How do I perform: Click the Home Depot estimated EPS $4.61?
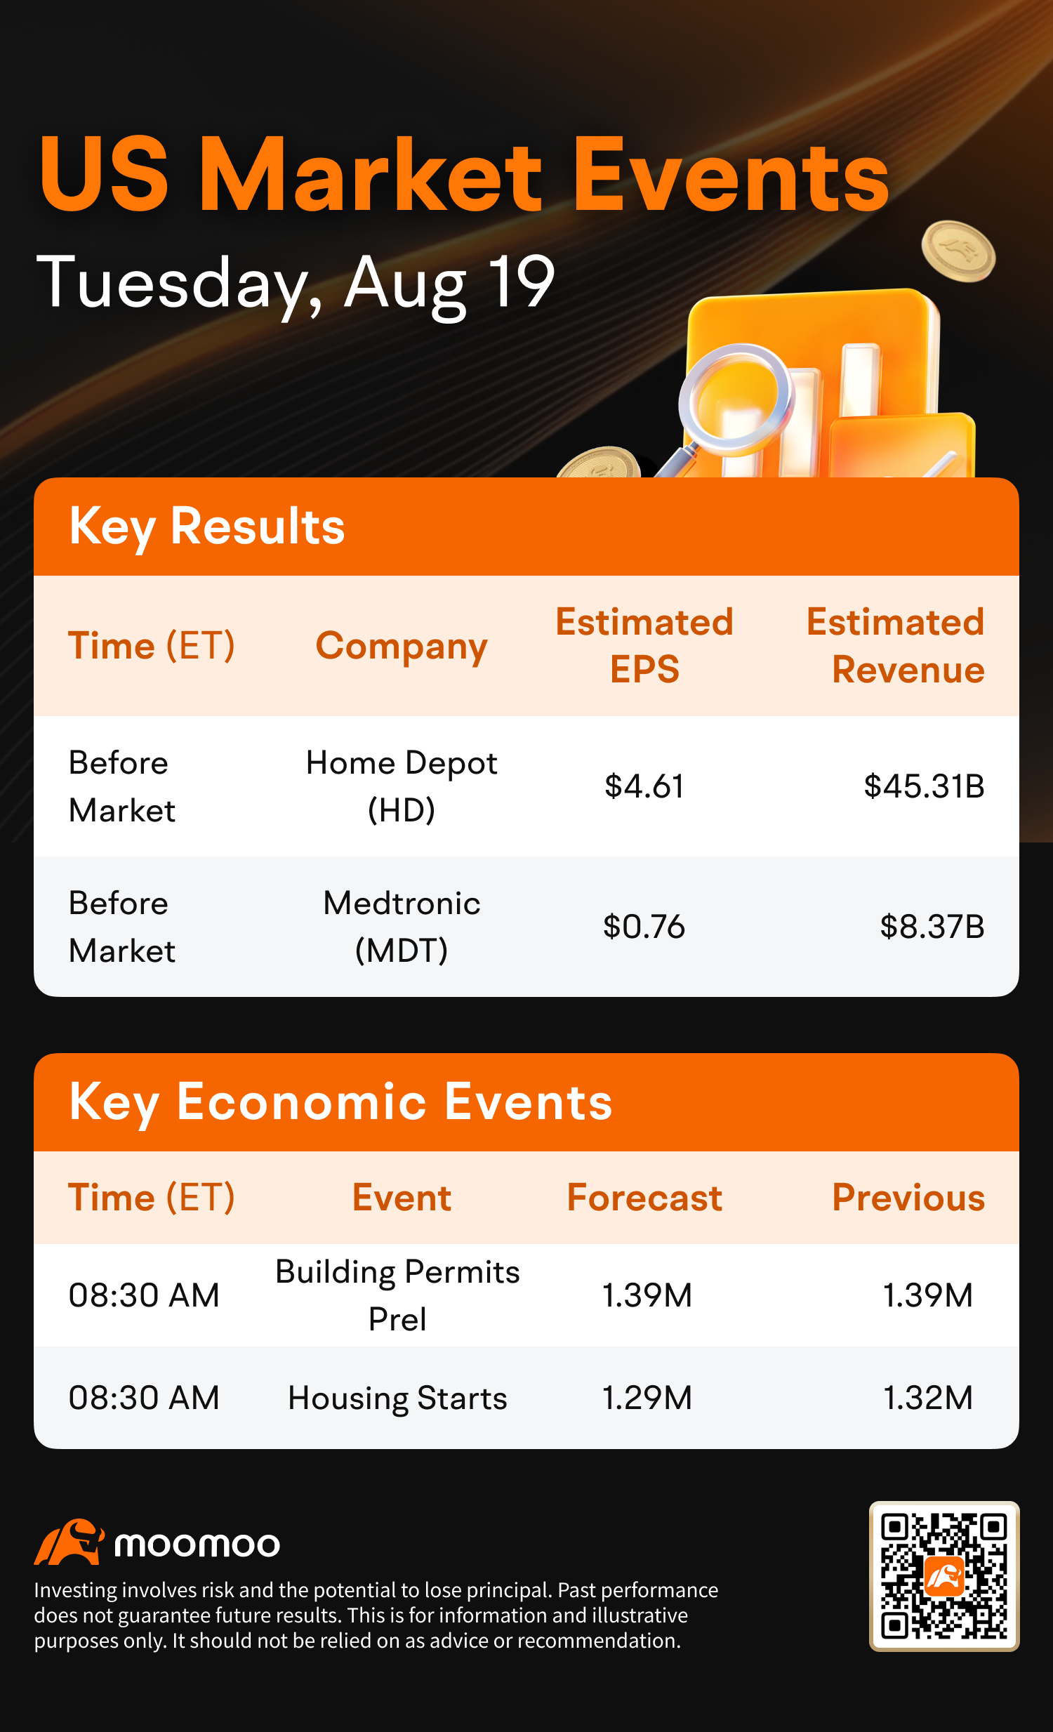pos(644,786)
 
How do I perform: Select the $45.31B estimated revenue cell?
pos(924,786)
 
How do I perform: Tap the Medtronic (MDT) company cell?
pos(402,927)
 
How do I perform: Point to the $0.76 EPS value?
pos(644,927)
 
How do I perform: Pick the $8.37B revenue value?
pos(932,927)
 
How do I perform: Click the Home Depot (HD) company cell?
pos(402,786)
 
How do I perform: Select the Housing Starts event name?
pos(397,1397)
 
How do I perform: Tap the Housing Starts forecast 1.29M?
pos(647,1397)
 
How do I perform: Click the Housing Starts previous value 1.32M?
pos(928,1397)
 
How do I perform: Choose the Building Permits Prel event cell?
pos(397,1295)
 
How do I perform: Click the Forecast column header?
pos(644,1197)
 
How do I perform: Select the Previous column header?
pos(908,1197)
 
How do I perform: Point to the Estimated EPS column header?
pos(644,645)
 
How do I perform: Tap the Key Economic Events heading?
pos(340,1102)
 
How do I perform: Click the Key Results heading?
pos(206,527)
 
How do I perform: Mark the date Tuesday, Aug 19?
pos(296,284)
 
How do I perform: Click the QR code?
pos(944,1577)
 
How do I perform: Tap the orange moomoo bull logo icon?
pos(69,1542)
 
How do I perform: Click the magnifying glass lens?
pos(735,399)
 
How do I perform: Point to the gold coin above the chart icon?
pos(958,251)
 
